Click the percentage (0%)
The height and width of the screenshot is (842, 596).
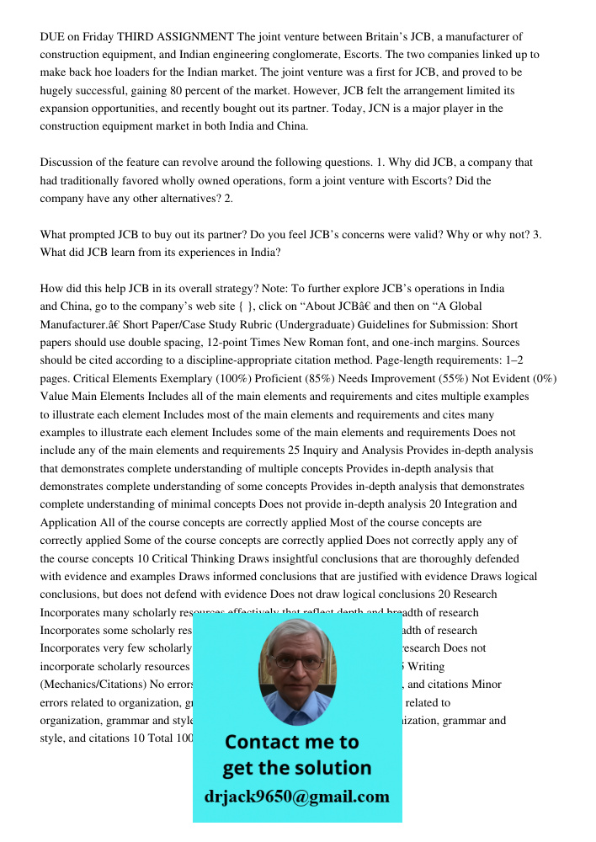(540, 379)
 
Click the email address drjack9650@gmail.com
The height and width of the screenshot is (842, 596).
(296, 796)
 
